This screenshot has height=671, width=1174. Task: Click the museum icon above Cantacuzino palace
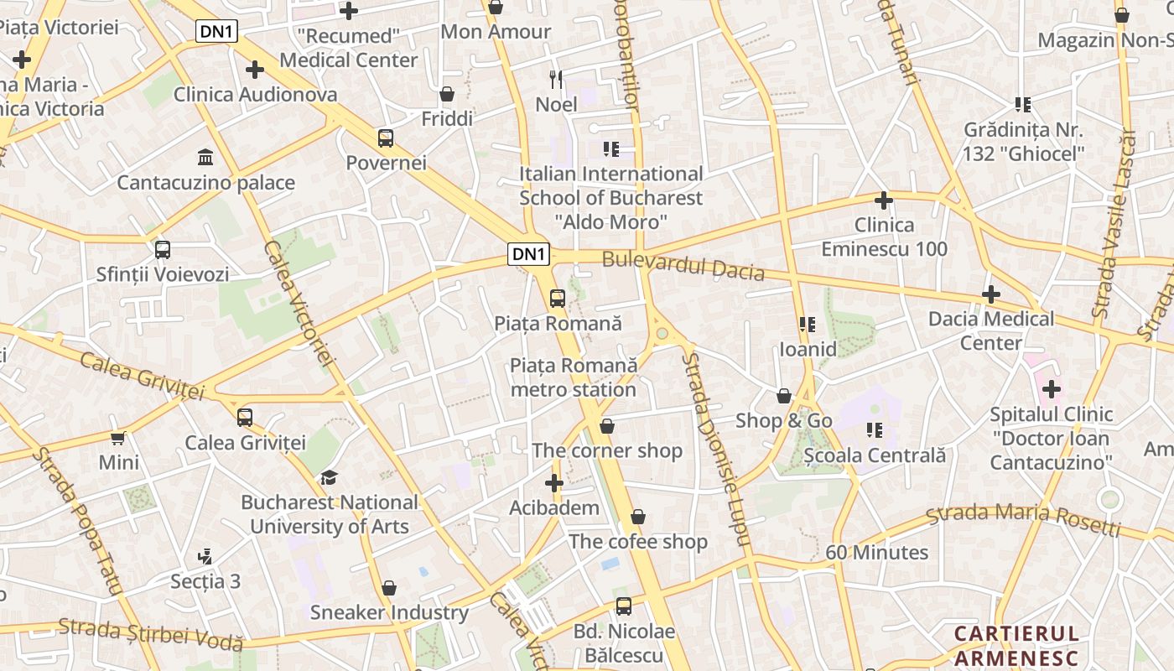click(x=205, y=157)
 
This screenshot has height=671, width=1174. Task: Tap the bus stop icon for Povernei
click(x=386, y=138)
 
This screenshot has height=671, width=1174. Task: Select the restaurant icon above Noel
click(x=555, y=80)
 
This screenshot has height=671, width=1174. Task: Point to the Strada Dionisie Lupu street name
click(x=715, y=449)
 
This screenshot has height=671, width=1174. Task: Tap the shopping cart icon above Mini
click(x=118, y=438)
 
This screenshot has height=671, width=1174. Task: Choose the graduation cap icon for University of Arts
click(x=329, y=477)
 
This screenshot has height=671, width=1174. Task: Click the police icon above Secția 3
click(x=205, y=556)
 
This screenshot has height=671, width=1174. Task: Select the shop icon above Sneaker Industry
click(x=388, y=588)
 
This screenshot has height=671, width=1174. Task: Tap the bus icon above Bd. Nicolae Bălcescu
click(x=623, y=606)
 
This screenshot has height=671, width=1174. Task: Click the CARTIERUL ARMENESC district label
click(x=1016, y=645)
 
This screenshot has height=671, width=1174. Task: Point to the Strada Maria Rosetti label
click(x=1023, y=520)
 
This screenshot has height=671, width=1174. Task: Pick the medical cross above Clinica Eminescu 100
click(x=883, y=200)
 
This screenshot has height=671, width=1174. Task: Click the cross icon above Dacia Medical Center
click(x=991, y=294)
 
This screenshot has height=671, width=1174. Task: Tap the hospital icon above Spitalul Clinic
click(x=1051, y=389)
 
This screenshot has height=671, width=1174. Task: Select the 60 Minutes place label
click(x=876, y=553)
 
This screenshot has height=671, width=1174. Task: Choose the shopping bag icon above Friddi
click(x=447, y=94)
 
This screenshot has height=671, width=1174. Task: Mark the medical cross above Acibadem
click(x=553, y=483)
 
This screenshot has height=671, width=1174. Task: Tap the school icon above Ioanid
click(x=808, y=325)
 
